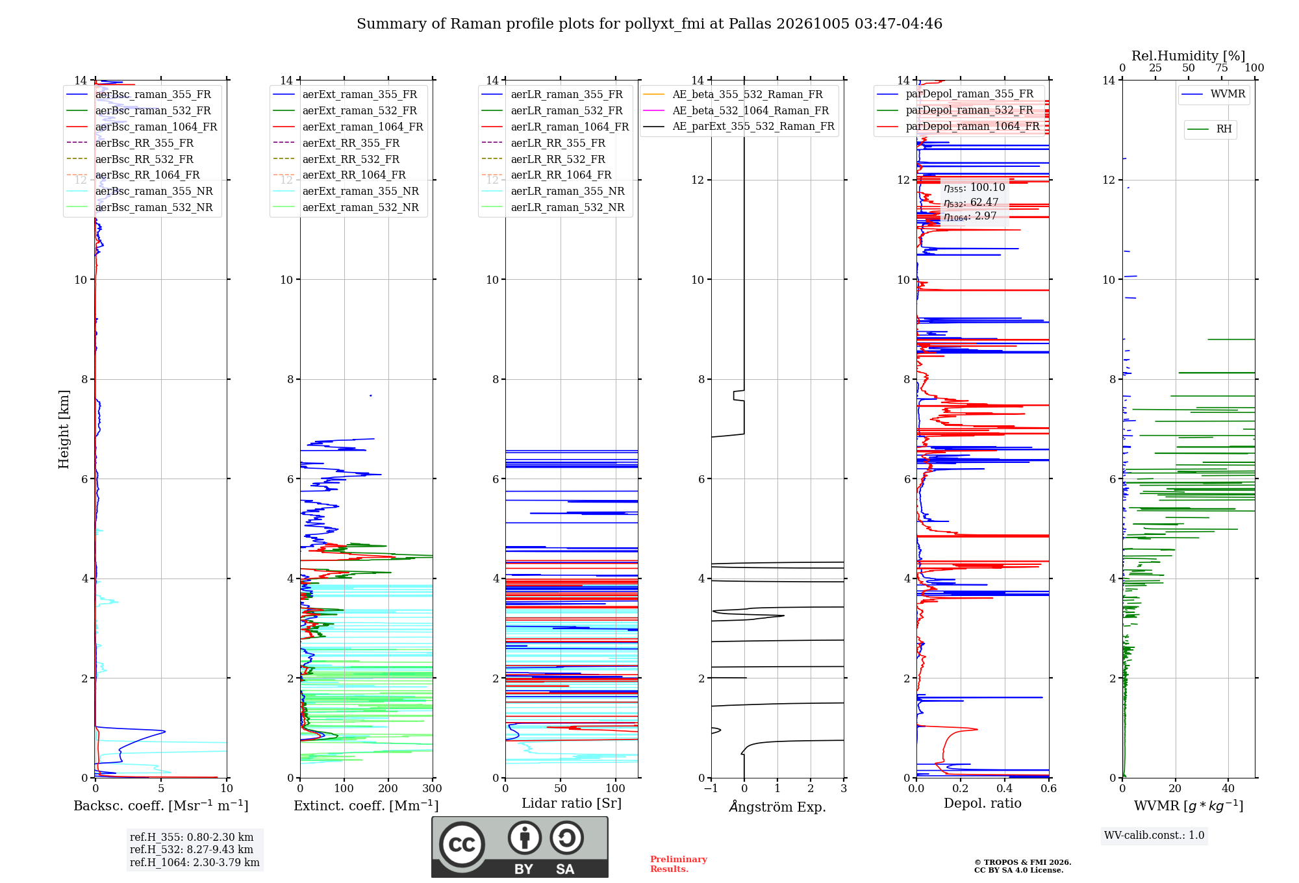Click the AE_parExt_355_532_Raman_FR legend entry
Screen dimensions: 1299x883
738,127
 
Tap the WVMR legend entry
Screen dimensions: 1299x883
1213,94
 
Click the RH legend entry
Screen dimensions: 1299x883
1209,129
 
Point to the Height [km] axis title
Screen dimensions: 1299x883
64,429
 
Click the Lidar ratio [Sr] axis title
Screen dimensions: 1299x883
572,803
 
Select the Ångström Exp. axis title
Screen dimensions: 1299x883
777,806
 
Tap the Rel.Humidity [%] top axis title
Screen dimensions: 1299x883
1189,56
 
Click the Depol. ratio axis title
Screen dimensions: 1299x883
983,803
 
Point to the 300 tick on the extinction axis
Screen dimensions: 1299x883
433,788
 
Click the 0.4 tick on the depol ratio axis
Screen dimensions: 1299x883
1005,788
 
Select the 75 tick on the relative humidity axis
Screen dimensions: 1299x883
1222,68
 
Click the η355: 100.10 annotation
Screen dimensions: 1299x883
974,188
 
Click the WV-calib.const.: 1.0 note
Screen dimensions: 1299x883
1154,835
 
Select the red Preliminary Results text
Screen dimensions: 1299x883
679,864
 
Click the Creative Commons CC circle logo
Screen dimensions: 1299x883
462,845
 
